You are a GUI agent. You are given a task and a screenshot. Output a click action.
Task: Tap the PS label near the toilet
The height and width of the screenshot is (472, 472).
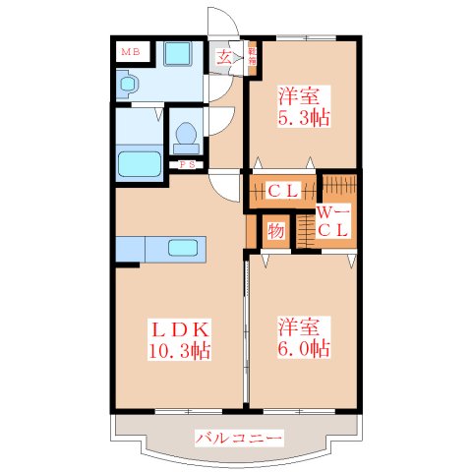[x=185, y=164]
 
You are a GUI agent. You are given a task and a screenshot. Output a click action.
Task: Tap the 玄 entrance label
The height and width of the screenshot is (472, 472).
[x=224, y=56]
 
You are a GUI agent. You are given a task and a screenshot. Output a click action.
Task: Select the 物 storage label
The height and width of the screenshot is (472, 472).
[x=275, y=232]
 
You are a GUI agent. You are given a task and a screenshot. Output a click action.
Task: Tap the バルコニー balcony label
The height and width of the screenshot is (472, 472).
[x=239, y=437]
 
